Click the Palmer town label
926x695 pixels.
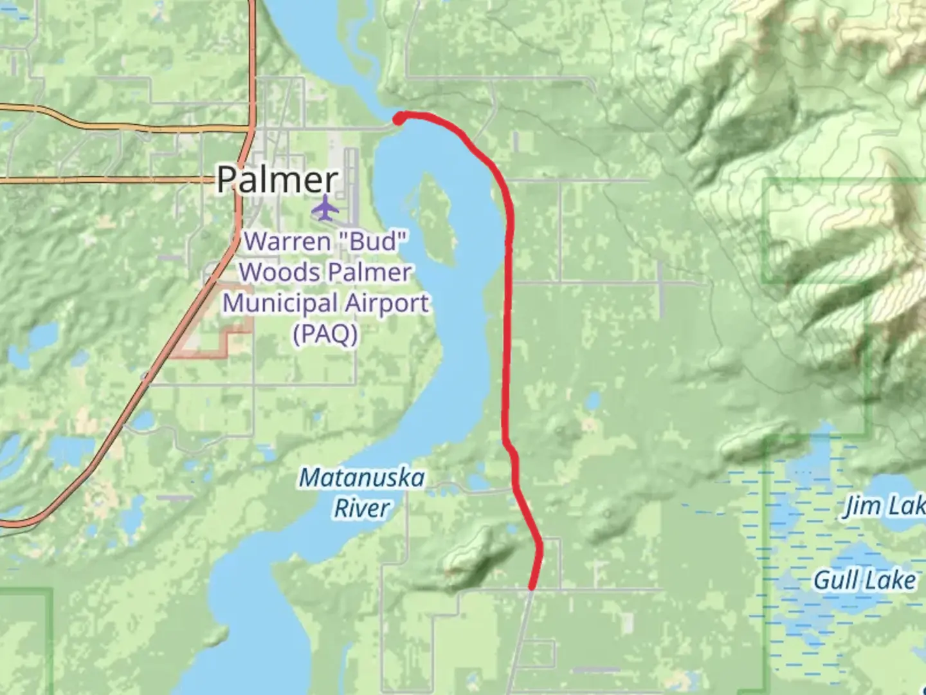[277, 180]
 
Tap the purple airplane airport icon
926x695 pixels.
[326, 208]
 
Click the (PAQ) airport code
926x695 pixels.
[325, 334]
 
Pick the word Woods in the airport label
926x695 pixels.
[271, 272]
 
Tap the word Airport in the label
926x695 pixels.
[386, 303]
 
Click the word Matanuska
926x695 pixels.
[362, 478]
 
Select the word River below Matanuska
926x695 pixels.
[361, 508]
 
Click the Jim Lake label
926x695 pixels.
[885, 507]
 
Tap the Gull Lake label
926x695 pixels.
[864, 580]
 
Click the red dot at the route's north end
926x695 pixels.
[399, 118]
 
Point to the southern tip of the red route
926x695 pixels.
[532, 587]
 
